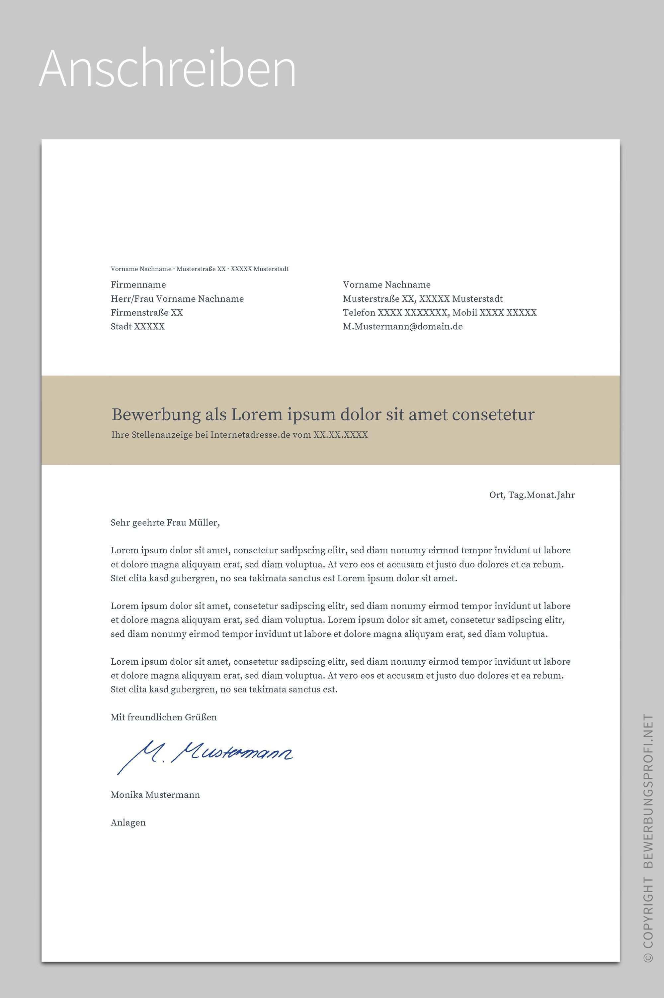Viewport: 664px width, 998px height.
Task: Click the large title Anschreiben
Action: [167, 69]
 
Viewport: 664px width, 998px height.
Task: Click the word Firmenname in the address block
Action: [138, 285]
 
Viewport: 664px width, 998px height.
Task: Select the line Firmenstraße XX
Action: [146, 313]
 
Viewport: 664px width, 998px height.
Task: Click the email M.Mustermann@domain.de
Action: [402, 327]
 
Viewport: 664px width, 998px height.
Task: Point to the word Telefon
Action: [359, 313]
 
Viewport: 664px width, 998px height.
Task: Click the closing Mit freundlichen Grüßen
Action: [163, 718]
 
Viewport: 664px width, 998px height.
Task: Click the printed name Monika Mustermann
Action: [155, 795]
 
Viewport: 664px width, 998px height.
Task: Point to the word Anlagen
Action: [128, 823]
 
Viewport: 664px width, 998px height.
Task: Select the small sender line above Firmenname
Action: [200, 269]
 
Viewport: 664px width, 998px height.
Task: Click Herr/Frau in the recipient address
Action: [132, 299]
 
